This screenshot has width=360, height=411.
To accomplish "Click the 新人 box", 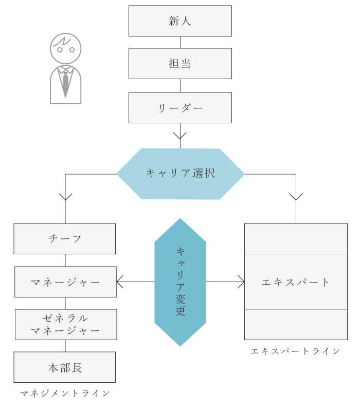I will (180, 21).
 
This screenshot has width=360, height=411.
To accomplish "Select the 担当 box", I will (180, 64).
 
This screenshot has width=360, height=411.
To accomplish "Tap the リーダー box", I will (180, 108).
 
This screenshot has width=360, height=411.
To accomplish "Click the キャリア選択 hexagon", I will (180, 174).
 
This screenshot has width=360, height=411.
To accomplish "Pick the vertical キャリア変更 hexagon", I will (180, 282).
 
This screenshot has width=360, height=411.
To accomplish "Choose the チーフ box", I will (65, 239).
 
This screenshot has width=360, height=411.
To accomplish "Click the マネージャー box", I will (65, 282).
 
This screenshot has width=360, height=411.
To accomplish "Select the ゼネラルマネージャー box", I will (65, 325).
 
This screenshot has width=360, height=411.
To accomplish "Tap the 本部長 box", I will (65, 367).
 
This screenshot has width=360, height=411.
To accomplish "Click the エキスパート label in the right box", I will (296, 282).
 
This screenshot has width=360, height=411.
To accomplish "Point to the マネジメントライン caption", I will (65, 394).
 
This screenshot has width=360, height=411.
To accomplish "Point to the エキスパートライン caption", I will (296, 351).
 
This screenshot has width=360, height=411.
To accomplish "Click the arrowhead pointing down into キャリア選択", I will (180, 137).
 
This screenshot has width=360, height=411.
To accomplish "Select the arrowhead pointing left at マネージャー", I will (120, 282).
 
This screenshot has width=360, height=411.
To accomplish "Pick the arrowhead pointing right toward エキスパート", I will (241, 282).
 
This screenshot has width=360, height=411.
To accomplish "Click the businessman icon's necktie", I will (65, 82).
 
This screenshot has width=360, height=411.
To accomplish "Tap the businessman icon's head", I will (65, 49).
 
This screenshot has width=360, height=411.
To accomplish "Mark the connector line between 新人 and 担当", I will (180, 42).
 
